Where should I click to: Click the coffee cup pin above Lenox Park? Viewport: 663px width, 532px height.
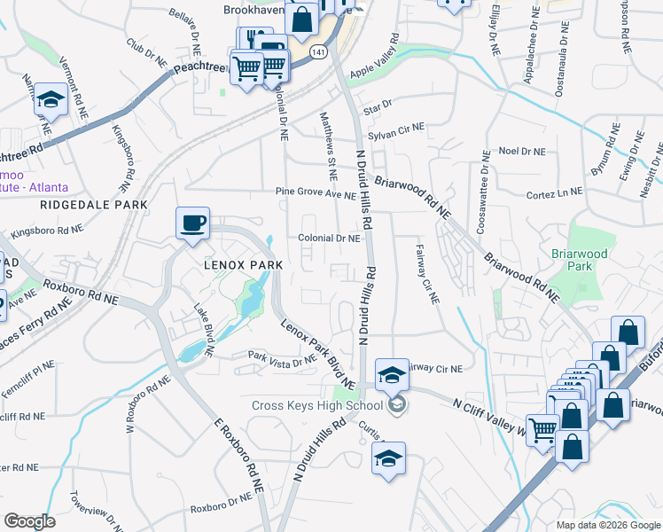[192, 223]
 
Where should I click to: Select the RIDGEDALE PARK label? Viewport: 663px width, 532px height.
[93, 205]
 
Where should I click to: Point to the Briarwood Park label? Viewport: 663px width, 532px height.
[604, 261]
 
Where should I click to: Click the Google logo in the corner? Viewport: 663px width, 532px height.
[28, 521]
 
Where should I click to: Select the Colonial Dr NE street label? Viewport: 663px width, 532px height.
[329, 239]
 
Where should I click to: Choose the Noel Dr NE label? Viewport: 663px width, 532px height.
[521, 152]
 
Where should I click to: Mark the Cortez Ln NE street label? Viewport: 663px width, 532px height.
[554, 192]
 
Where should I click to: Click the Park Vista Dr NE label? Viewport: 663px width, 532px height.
[281, 359]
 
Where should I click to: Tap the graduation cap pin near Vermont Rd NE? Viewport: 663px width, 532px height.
[51, 102]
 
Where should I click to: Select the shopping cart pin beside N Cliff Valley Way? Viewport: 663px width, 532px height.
[542, 430]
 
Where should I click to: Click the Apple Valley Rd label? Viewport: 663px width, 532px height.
[381, 63]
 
